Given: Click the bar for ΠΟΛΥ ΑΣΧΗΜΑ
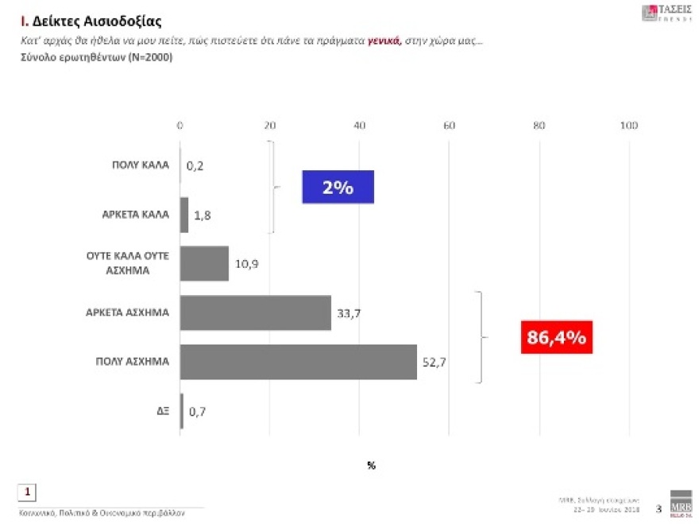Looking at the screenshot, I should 298,362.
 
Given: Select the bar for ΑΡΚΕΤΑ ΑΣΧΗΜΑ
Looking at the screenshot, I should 255,312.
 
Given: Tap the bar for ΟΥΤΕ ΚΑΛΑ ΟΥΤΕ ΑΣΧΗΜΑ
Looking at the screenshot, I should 204,263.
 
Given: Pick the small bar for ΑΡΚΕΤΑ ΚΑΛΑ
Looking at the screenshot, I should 184,215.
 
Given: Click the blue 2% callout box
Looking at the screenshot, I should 337,188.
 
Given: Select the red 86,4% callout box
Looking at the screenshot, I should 556,337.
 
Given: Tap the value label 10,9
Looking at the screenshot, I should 247,263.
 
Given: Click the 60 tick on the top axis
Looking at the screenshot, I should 449,125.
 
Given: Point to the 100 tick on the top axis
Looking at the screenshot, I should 628,125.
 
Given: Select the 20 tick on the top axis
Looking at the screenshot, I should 269,125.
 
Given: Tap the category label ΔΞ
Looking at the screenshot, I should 161,412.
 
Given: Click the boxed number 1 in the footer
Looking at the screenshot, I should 27,492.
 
